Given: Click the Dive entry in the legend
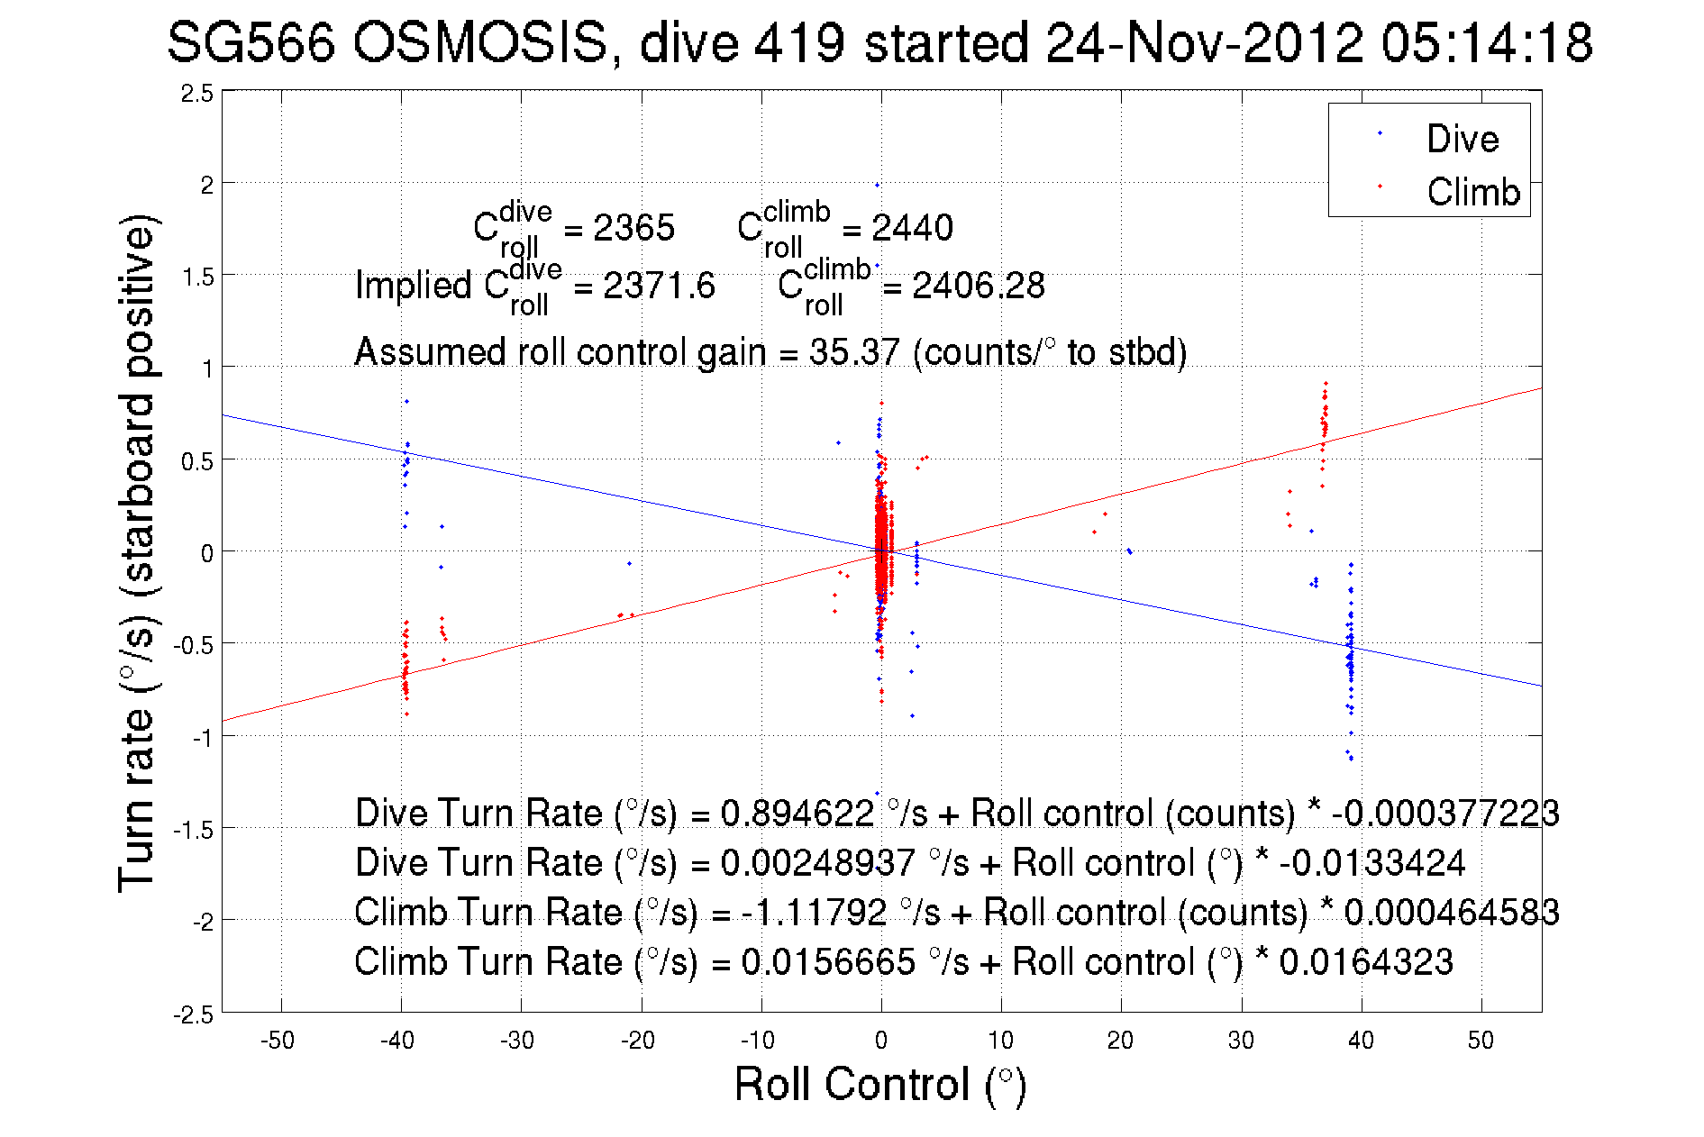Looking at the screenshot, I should tap(1462, 139).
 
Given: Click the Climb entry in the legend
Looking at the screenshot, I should tap(1472, 192).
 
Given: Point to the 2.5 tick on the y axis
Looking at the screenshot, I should tap(197, 94).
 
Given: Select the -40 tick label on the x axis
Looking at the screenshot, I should tap(397, 1041).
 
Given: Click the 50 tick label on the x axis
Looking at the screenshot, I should tap(1481, 1041).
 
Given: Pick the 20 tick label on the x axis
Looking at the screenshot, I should tap(1120, 1041).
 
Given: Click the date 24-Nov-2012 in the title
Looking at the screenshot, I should tap(1204, 42).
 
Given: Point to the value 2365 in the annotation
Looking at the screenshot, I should tap(633, 228).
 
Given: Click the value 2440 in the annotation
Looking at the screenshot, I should tap(912, 228).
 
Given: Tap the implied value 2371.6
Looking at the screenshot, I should tap(659, 286).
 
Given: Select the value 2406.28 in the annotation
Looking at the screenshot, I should tap(978, 286).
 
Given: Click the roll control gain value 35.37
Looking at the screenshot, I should tap(854, 352).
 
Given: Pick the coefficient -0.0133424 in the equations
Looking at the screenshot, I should tap(1371, 863).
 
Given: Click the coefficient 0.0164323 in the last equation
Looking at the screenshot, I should tap(1366, 962).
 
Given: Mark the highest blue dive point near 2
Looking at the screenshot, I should tap(877, 185).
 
